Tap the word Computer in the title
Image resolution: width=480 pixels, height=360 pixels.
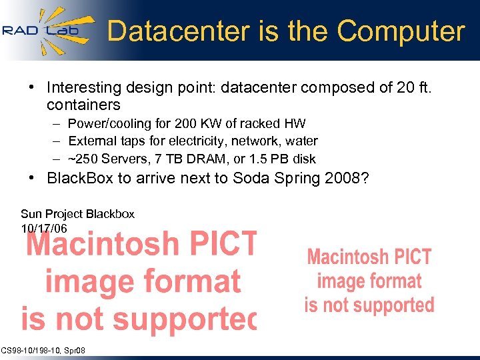coord(401,31)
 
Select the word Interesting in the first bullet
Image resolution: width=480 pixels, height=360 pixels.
coord(84,87)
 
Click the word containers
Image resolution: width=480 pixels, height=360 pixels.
coord(83,105)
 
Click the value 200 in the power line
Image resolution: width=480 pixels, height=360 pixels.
coord(185,123)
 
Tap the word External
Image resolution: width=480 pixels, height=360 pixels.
coord(93,141)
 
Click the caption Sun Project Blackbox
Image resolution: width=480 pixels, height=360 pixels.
coord(77,214)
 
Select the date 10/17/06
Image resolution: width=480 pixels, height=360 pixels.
coord(44,228)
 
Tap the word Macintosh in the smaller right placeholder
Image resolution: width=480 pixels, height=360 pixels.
coord(369,257)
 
